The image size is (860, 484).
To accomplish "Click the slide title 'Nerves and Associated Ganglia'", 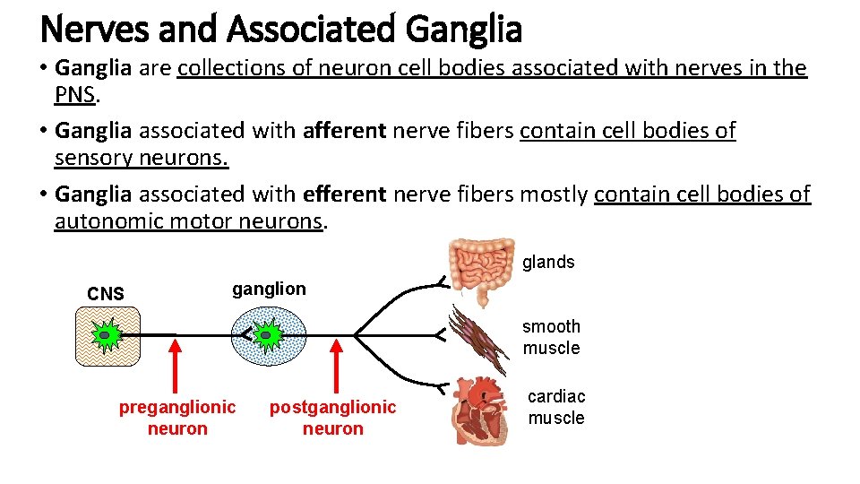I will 280,29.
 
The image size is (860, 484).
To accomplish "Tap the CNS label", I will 106,294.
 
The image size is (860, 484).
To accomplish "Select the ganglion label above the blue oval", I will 269,289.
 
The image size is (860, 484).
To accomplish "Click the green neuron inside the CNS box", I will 106,335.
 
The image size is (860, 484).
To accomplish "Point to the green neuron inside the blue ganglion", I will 268,335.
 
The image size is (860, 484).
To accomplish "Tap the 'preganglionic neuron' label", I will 177,418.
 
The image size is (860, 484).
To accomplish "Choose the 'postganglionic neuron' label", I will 332,418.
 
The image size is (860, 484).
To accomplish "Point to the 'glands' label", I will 548,262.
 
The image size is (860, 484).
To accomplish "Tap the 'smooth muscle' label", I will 551,337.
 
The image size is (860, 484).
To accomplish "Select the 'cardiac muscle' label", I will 555,407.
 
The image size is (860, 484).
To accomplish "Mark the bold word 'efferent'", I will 345,194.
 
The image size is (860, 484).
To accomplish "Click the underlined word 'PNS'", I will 74,95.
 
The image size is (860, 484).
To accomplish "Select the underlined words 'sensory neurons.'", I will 142,158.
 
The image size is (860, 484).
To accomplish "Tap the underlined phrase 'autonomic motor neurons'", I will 188,220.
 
